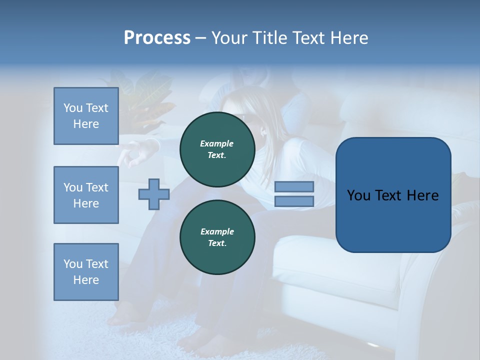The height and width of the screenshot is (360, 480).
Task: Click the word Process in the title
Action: (157, 38)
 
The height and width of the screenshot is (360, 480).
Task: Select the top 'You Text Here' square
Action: (86, 116)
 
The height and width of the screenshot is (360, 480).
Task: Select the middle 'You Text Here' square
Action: (86, 195)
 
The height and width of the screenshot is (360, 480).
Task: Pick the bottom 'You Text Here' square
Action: (86, 272)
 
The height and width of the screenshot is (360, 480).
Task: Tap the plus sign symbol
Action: (154, 194)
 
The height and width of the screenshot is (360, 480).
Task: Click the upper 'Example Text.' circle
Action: (217, 149)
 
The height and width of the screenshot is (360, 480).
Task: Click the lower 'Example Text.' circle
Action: (217, 237)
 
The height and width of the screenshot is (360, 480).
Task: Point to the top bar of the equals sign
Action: (294, 186)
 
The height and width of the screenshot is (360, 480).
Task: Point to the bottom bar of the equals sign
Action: (294, 201)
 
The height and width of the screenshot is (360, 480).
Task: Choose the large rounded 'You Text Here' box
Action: (393, 195)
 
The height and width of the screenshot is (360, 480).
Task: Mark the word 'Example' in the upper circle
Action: (217, 143)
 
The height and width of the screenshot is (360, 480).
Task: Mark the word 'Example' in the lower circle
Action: (217, 231)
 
